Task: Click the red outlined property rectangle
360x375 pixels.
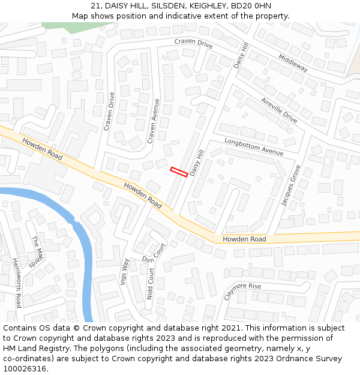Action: pyautogui.click(x=179, y=171)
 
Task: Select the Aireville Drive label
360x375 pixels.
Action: pyautogui.click(x=279, y=110)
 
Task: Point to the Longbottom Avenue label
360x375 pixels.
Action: pyautogui.click(x=254, y=147)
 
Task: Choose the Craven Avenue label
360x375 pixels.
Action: pyautogui.click(x=154, y=121)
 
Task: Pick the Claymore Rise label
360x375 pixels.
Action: pyautogui.click(x=243, y=292)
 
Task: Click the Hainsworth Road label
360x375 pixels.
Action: pyautogui.click(x=17, y=283)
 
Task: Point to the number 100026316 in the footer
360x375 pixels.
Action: pyautogui.click(x=25, y=369)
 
